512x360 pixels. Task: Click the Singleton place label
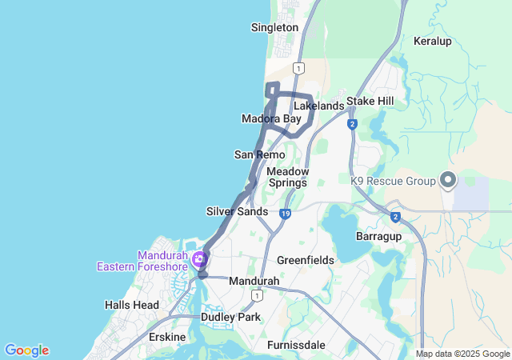(274, 27)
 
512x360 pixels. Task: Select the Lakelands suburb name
(318, 106)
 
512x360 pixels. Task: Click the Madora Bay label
(271, 119)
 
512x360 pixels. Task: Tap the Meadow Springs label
(287, 177)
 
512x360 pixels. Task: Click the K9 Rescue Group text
(392, 181)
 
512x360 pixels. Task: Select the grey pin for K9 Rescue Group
(447, 180)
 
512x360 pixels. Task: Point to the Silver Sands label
(237, 211)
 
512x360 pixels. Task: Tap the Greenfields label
(305, 261)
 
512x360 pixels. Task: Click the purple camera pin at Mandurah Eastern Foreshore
(198, 258)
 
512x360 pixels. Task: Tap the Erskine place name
(167, 337)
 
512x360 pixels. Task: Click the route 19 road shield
(285, 214)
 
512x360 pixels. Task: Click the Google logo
(26, 350)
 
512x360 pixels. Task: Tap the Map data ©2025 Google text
(462, 354)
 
